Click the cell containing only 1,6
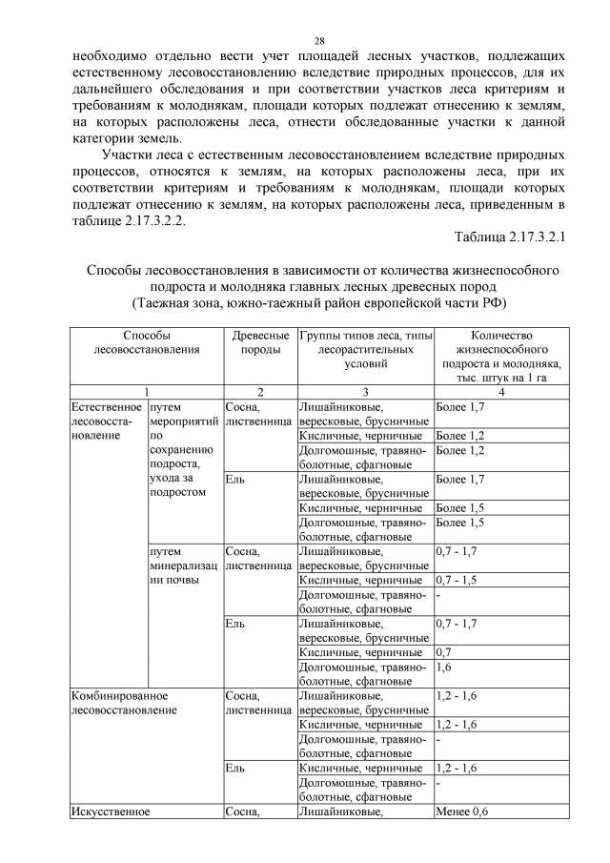tap(444, 668)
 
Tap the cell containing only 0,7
tap(444, 653)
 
